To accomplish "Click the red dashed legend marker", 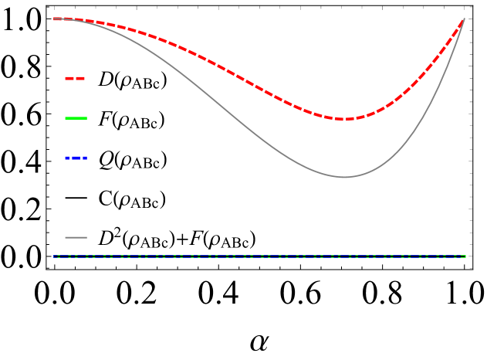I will pyautogui.click(x=75, y=78).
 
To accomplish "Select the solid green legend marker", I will pyautogui.click(x=76, y=118).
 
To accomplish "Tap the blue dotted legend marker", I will pyautogui.click(x=76, y=158).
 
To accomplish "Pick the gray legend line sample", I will pyautogui.click(x=76, y=237).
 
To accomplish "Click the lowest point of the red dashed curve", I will pyautogui.click(x=345, y=119).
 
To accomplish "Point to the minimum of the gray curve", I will pyautogui.click(x=344, y=177).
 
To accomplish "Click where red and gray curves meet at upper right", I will pyautogui.click(x=464, y=19).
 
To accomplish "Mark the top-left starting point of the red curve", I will pyautogui.click(x=55, y=19).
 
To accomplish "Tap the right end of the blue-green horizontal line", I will pyautogui.click(x=465, y=256).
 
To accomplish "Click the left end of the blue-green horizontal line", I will pyautogui.click(x=54, y=256).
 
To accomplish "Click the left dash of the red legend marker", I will pyautogui.click(x=69, y=78).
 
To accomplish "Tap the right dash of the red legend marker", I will pyautogui.click(x=80, y=78).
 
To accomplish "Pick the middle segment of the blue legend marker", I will pyautogui.click(x=76, y=158).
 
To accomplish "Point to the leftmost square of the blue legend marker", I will pyautogui.click(x=67, y=158).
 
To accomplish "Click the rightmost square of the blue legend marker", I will pyautogui.click(x=85, y=158).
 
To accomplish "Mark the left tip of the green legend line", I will pyautogui.click(x=66, y=118).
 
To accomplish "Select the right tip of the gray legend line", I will pyautogui.click(x=86, y=237).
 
